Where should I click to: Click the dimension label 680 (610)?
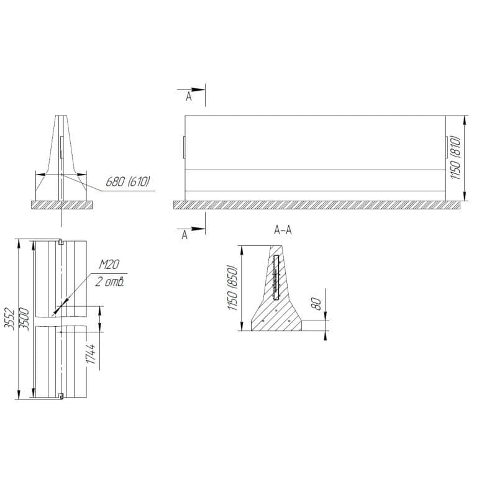(x=127, y=181)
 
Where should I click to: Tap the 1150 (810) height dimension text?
(x=455, y=158)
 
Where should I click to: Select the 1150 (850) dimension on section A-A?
(x=232, y=288)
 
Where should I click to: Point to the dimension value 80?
(x=316, y=304)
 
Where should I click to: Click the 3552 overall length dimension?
(x=11, y=319)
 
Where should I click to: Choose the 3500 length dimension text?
(x=24, y=319)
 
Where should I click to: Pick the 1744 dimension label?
(x=91, y=354)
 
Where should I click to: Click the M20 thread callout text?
(x=109, y=265)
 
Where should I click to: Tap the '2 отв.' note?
(x=109, y=282)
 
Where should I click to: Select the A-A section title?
(x=283, y=230)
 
